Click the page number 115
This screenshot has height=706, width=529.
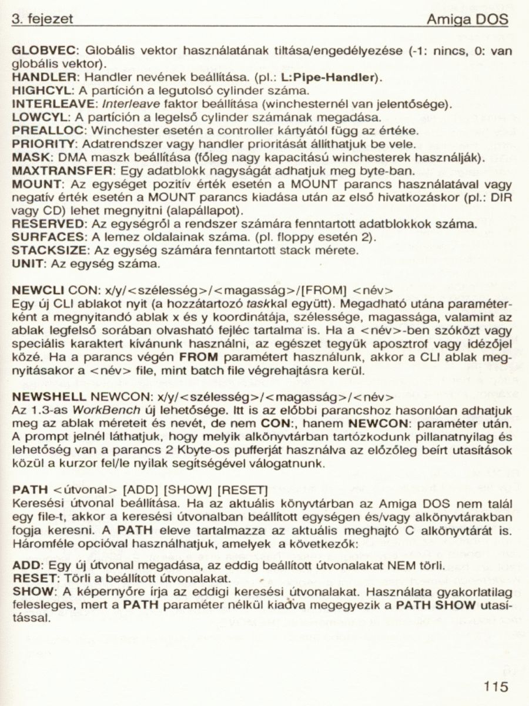(496, 687)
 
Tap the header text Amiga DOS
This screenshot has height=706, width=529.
(467, 19)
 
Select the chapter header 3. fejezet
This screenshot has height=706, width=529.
(43, 19)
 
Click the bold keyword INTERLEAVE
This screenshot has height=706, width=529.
(48, 104)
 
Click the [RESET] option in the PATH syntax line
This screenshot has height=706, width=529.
(243, 489)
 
